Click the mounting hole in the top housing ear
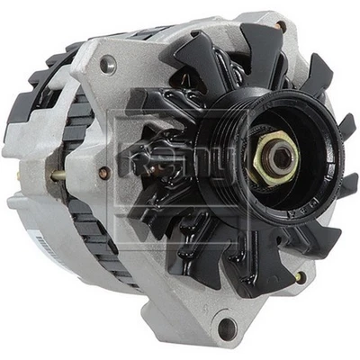coord(107,64)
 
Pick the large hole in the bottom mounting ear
coord(226,326)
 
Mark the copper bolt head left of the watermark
coord(104,172)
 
